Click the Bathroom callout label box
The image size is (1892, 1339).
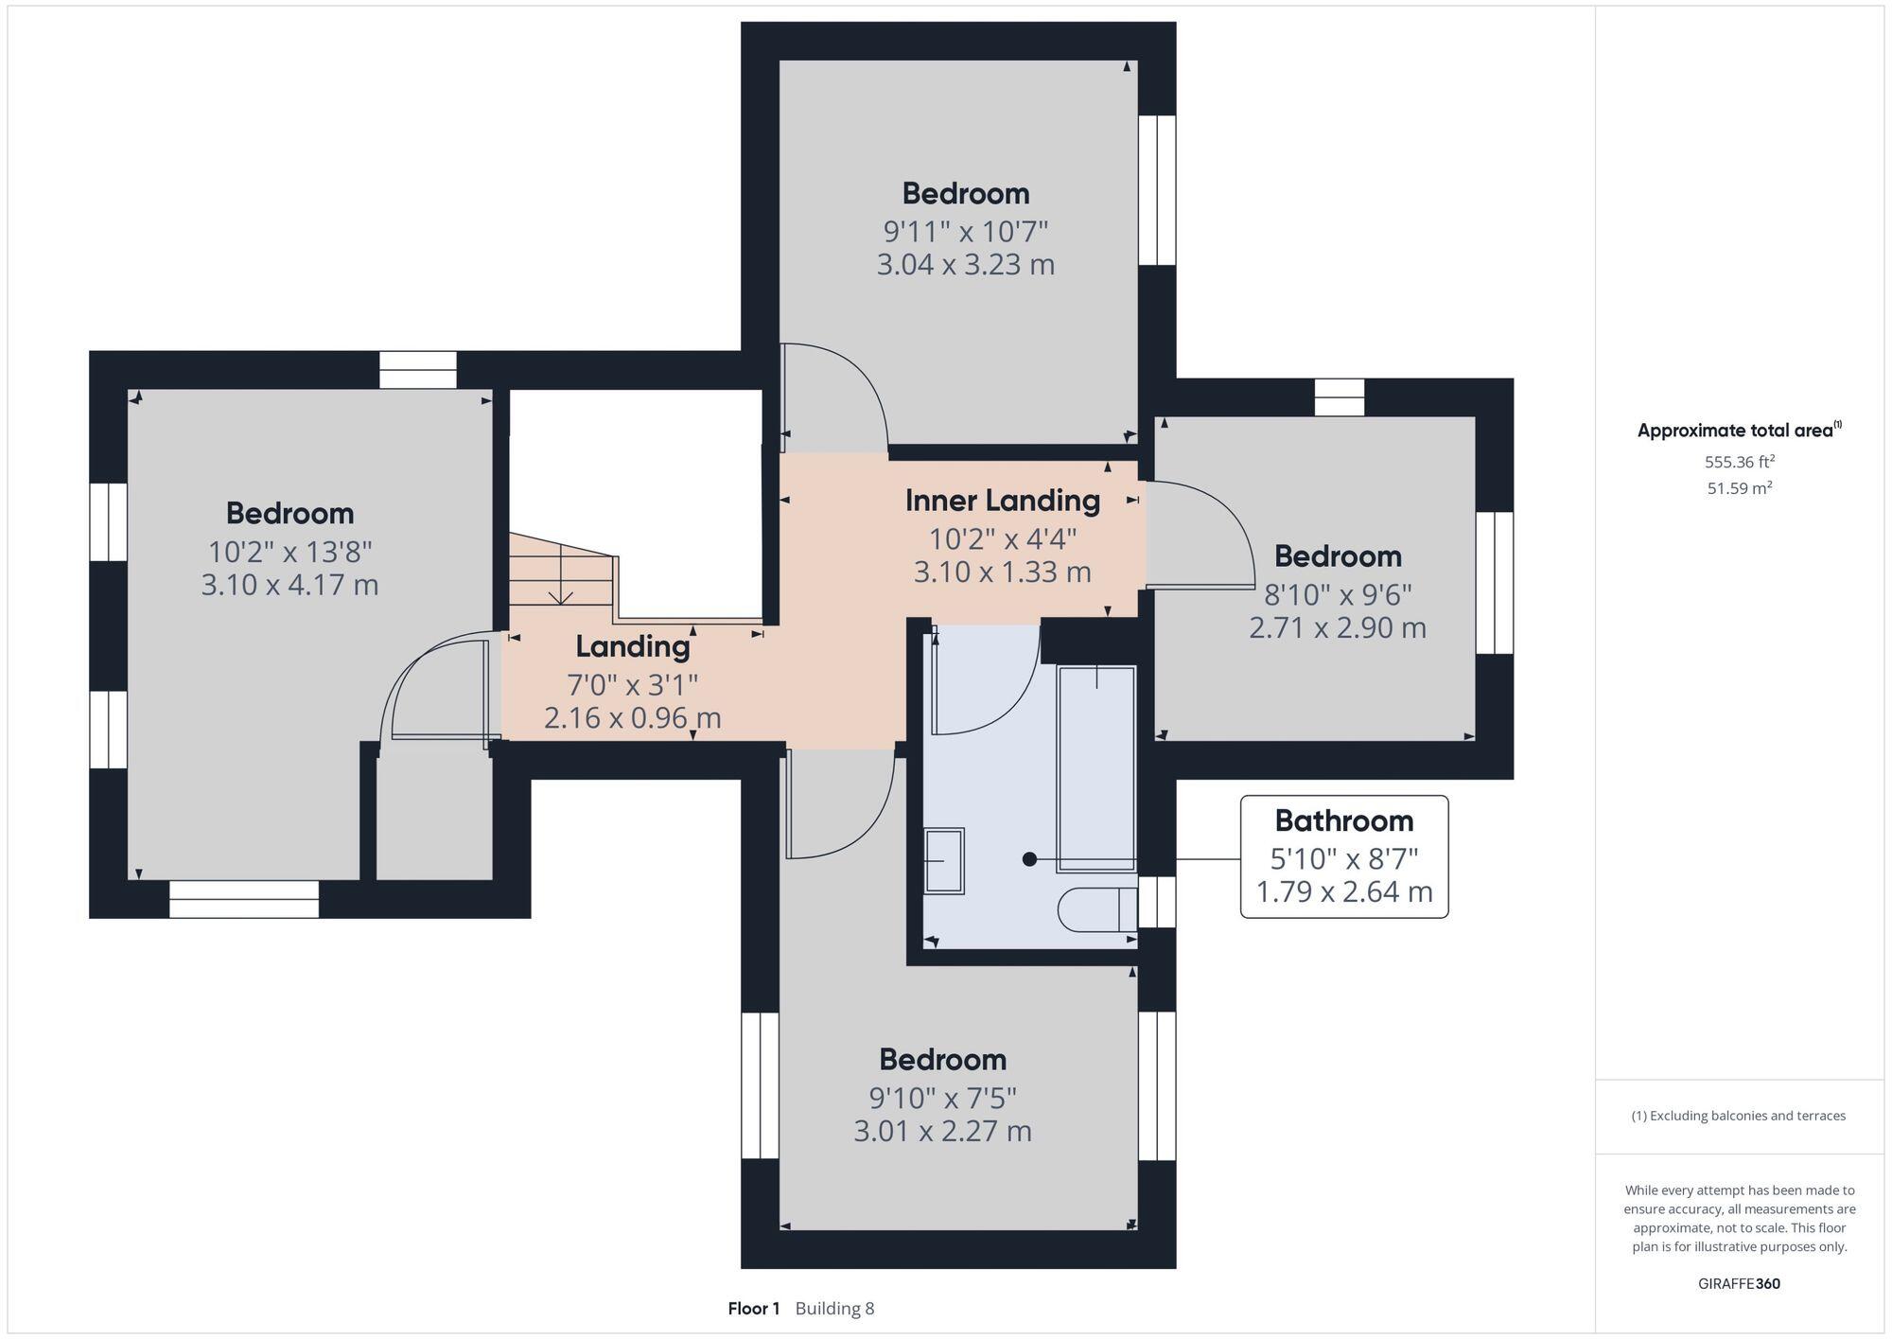[x=1343, y=856]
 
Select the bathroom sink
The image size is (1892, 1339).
[x=944, y=860]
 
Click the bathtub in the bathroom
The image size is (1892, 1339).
[x=1095, y=768]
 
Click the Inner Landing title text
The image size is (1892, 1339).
[x=1002, y=501]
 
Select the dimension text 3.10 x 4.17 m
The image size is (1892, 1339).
[x=289, y=585]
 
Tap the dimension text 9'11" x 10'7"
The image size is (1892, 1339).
[x=965, y=231]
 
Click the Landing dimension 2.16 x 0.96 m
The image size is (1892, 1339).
[x=632, y=718]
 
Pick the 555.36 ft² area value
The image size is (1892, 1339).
[x=1739, y=462]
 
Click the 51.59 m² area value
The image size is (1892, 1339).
[x=1739, y=488]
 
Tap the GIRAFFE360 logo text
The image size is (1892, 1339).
[x=1739, y=1284]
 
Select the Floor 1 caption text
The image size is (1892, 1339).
[x=753, y=1309]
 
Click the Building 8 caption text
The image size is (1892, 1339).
[x=834, y=1309]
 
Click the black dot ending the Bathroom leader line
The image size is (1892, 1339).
[x=1029, y=859]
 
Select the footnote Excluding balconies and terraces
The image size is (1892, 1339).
[x=1739, y=1116]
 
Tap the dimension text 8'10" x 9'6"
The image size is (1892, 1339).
[x=1338, y=594]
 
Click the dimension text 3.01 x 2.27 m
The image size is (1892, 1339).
[x=942, y=1131]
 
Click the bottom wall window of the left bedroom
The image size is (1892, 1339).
[x=244, y=899]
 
